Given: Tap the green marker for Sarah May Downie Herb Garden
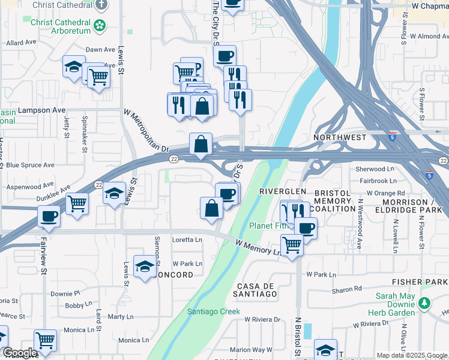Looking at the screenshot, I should point(425,303).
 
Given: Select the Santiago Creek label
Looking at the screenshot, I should point(213,311).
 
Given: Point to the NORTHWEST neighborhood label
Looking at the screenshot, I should point(340,137).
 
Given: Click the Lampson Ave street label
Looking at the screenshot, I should point(41,110).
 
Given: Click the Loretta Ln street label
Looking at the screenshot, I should point(187,239).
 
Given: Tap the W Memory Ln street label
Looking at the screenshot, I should point(259,248).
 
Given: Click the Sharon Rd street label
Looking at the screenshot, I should point(346,290).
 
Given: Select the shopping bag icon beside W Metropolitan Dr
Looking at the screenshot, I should point(200,144).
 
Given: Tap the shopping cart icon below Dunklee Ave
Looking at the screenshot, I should point(77,203).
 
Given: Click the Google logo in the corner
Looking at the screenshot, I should point(19,353).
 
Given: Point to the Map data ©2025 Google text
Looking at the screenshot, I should point(412,355).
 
